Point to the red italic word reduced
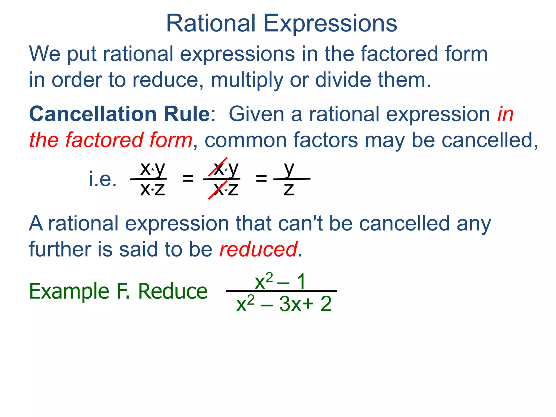pos(258,249)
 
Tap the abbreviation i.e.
pos(103,179)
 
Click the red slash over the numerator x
pos(217,167)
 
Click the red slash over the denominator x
pos(217,190)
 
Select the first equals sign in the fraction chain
pos(188,179)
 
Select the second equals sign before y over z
pos(261,179)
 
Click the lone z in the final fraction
pos(289,189)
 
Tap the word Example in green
pos(69,292)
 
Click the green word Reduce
pos(173,291)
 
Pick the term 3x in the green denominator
pos(290,304)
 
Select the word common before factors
pos(246,140)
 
